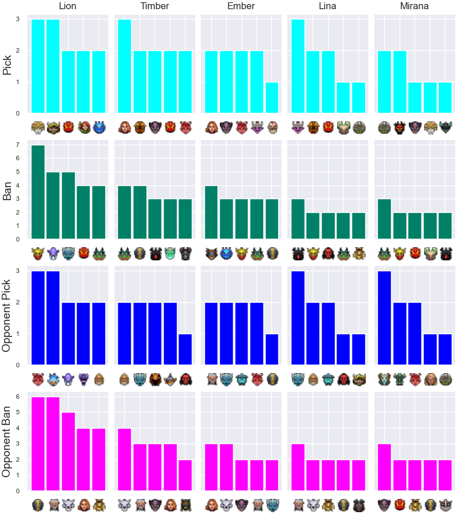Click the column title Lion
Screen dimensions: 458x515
[68, 6]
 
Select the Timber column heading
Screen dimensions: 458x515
[155, 6]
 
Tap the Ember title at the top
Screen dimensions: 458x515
[241, 6]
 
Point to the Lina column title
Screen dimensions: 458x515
[327, 6]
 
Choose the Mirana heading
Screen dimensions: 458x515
[414, 6]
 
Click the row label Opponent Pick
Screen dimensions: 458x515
[6, 316]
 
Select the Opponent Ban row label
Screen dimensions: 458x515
[6, 442]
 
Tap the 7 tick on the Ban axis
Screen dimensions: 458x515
[18, 145]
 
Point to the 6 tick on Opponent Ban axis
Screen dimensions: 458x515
[18, 397]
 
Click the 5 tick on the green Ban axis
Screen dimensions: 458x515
[18, 172]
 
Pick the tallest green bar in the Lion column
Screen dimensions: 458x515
[38, 192]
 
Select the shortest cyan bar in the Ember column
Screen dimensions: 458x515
[272, 97]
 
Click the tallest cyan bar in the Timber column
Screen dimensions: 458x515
[125, 66]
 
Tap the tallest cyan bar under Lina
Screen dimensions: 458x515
[298, 66]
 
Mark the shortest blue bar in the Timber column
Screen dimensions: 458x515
[185, 350]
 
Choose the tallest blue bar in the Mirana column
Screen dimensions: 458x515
[384, 318]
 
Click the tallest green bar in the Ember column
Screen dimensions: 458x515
[211, 212]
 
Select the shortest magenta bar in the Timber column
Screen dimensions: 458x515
[185, 476]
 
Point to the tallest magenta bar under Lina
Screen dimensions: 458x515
[298, 468]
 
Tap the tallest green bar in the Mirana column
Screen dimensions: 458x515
[384, 219]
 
